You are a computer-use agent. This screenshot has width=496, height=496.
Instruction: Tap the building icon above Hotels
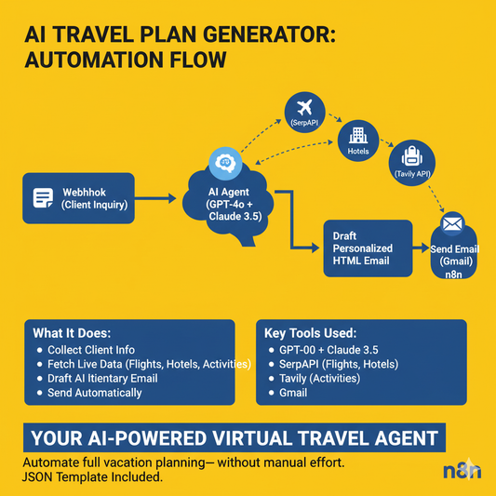point(357,133)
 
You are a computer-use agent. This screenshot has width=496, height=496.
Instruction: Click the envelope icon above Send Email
point(453,224)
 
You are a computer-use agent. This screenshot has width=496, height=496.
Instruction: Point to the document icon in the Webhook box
point(42,197)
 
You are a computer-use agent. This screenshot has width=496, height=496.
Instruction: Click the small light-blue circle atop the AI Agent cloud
point(224,161)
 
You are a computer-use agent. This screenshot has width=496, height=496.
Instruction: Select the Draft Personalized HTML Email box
point(367,248)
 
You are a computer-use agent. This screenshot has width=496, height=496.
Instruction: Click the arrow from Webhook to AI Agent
point(154,198)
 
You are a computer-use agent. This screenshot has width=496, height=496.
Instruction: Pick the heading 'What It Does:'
point(72,333)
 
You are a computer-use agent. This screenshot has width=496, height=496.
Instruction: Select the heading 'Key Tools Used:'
point(312,333)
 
